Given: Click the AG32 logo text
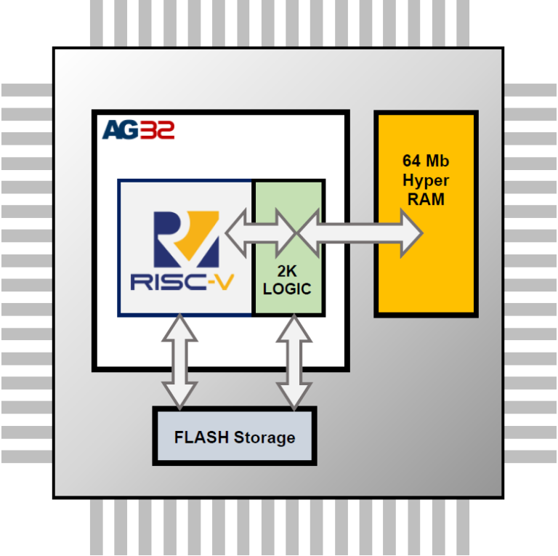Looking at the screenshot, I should [x=138, y=130].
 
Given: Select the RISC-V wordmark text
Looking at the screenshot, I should [x=182, y=282].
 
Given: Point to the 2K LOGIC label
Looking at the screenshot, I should [x=287, y=280].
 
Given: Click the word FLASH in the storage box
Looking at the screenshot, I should [x=202, y=438].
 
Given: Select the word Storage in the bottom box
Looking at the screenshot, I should [x=264, y=438].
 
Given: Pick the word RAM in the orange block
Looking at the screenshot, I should [x=425, y=199].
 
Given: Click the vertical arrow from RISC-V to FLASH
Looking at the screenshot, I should [x=178, y=361].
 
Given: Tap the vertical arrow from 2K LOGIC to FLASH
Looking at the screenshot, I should [x=294, y=361].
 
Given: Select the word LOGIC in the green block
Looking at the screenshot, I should [x=287, y=289].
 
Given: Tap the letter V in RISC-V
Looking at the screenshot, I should [x=225, y=282].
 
